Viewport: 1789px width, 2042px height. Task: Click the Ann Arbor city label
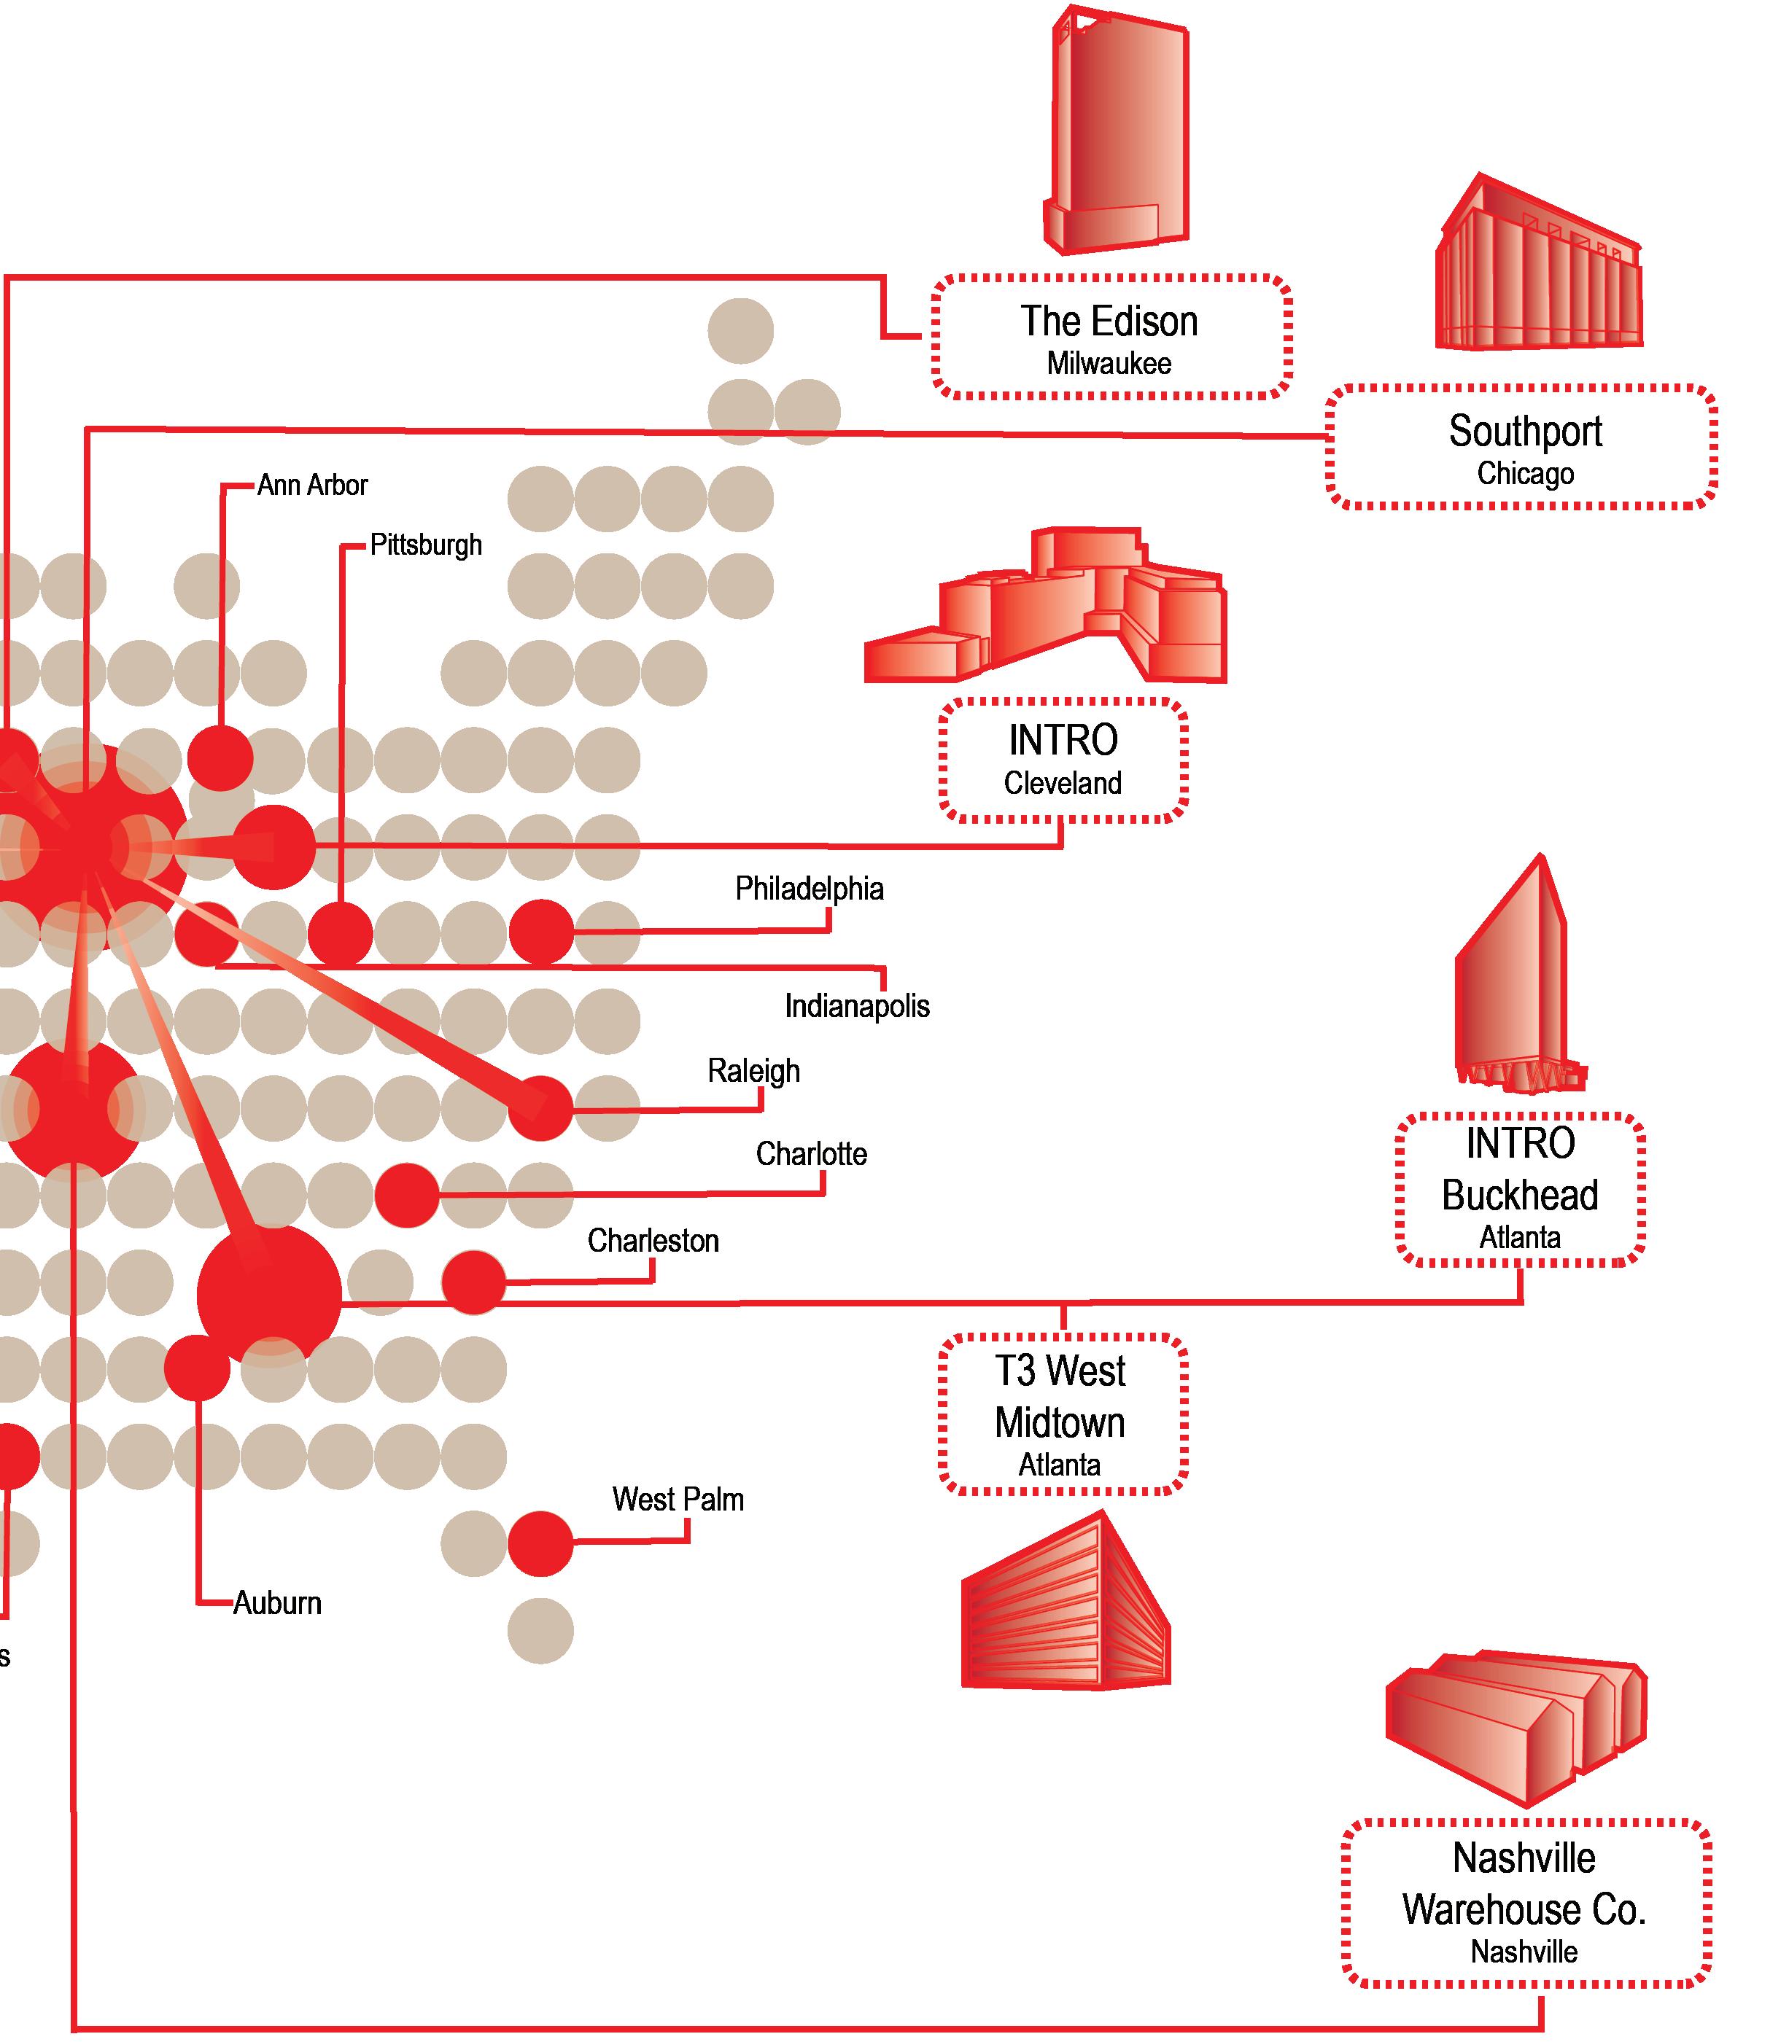coord(312,486)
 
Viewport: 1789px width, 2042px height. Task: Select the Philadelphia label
coord(809,889)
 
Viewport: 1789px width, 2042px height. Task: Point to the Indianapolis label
coord(856,1006)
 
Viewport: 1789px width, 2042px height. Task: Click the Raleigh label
coord(753,1072)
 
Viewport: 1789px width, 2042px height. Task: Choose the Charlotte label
coord(811,1155)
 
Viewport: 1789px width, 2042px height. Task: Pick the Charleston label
coord(653,1242)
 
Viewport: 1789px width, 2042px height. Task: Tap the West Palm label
coord(678,1500)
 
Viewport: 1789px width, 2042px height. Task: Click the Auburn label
coord(278,1604)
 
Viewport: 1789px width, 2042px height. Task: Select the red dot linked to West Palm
coord(540,1544)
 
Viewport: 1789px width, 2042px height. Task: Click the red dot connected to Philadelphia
coord(541,933)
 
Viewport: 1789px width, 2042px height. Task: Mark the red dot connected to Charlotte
coord(407,1195)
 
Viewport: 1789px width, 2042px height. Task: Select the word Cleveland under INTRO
coord(1062,784)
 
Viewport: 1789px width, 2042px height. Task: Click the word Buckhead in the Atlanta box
coord(1519,1196)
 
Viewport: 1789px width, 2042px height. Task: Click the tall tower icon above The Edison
coord(1117,130)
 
